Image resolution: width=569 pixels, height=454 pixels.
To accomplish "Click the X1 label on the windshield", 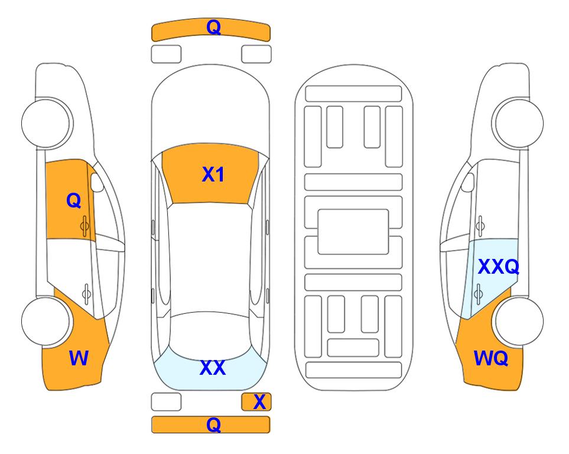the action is click(x=213, y=174).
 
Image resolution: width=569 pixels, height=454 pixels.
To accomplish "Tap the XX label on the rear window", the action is click(x=213, y=368).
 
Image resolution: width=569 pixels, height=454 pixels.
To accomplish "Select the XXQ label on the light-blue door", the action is click(x=498, y=267).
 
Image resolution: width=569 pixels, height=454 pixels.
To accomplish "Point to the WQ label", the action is click(x=490, y=358).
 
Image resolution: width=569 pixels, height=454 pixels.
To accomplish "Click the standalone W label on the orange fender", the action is click(x=79, y=358).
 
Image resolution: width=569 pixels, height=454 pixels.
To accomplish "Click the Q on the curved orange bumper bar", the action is click(x=213, y=27).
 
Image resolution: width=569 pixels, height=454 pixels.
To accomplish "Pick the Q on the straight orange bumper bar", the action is click(x=213, y=424).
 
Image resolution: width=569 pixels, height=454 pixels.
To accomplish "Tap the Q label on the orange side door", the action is click(x=74, y=200).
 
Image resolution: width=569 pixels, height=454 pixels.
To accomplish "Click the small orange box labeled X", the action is click(x=256, y=402).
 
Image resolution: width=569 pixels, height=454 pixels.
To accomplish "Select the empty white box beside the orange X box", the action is click(x=166, y=402).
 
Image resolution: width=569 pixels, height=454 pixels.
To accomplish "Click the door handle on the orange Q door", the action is click(x=85, y=226).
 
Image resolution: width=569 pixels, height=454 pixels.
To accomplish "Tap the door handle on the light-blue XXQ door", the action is click(x=479, y=294).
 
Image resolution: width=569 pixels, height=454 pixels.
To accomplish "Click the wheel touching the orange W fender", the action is click(x=45, y=322).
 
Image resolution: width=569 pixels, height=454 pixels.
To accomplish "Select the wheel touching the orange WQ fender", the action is click(x=519, y=322).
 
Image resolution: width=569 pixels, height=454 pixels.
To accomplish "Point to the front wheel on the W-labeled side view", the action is click(x=47, y=123).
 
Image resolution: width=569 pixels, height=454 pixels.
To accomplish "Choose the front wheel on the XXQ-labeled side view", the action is click(x=518, y=123).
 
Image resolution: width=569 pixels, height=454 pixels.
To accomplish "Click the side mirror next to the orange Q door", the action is click(x=97, y=182).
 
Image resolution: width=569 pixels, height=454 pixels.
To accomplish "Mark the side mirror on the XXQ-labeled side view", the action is click(x=467, y=182).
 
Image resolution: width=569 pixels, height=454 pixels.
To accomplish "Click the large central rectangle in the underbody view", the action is click(x=353, y=232).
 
